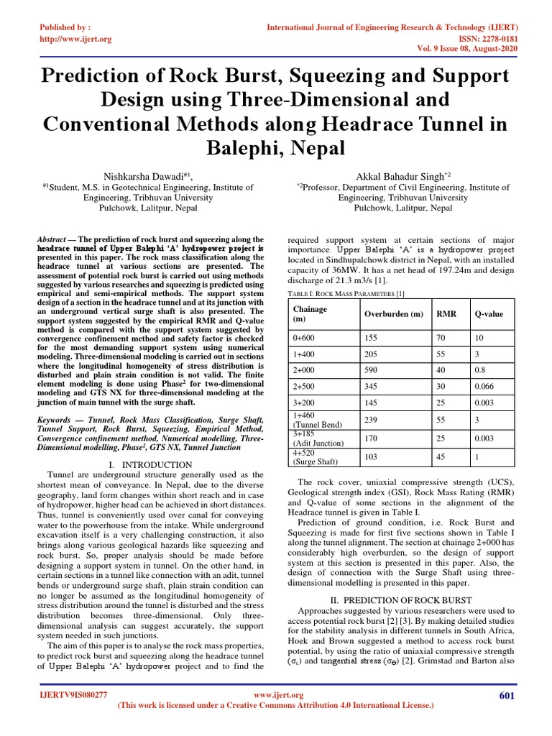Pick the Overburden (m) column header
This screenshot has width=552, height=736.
click(394, 314)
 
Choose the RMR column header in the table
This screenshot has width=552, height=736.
click(446, 314)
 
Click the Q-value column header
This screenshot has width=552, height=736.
click(489, 314)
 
